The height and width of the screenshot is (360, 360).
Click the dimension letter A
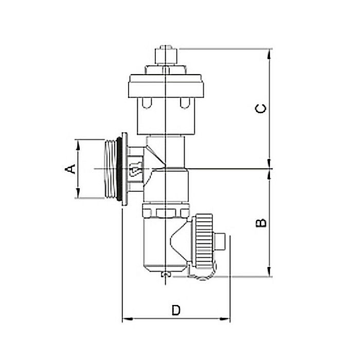click(x=72, y=169)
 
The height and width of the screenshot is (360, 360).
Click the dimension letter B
click(x=261, y=223)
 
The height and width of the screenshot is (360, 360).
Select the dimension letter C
click(x=261, y=109)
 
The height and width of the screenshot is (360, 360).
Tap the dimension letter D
click(x=176, y=310)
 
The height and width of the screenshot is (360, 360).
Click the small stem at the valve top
click(x=164, y=53)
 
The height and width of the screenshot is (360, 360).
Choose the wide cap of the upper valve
click(x=164, y=85)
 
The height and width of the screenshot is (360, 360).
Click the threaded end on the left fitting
click(x=110, y=169)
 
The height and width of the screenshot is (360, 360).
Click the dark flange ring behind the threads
click(x=123, y=169)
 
